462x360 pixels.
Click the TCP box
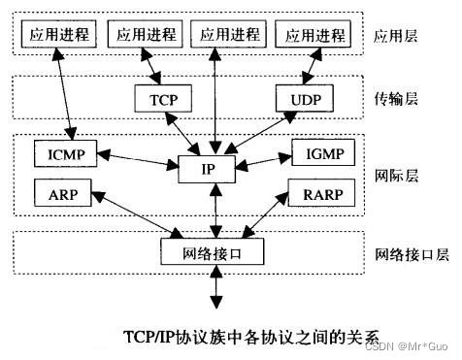(161, 98)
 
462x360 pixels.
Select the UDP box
(304, 98)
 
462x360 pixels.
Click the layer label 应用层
(396, 37)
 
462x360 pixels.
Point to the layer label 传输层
(396, 99)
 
